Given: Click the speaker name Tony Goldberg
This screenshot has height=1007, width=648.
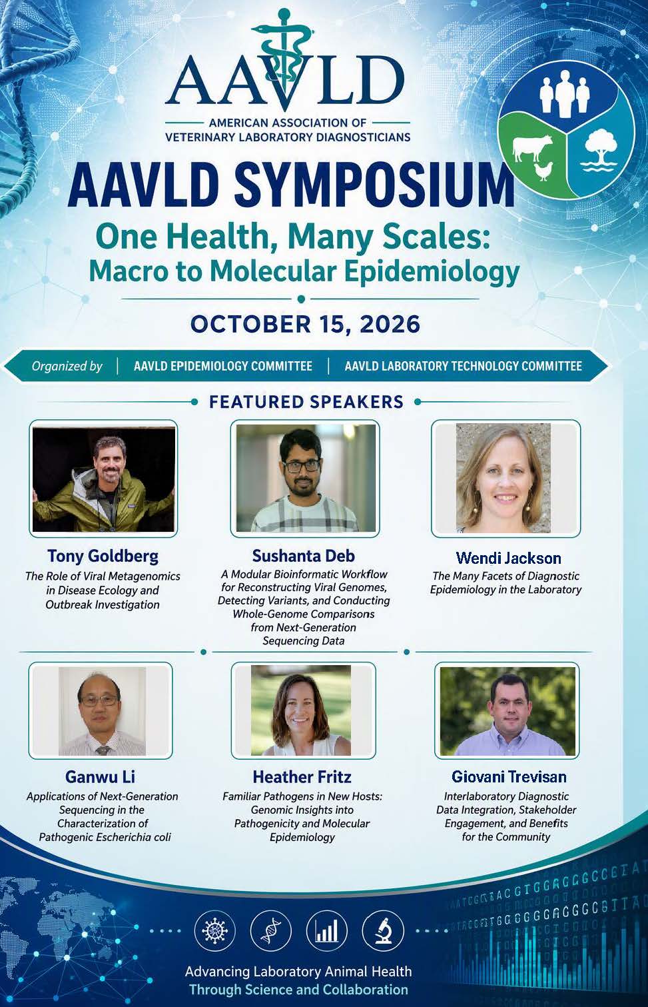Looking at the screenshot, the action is [103, 556].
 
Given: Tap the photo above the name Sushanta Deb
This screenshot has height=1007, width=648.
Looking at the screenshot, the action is [306, 479].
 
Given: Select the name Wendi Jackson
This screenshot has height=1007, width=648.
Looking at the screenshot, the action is [508, 558].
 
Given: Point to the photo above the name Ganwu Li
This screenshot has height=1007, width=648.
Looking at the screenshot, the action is [102, 711].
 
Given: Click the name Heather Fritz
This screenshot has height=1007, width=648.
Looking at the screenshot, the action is [302, 777].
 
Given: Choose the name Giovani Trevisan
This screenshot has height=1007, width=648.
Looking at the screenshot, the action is [509, 776].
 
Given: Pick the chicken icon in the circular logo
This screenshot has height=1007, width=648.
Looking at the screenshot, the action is [543, 171].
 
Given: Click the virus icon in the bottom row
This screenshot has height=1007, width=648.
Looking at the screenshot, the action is [215, 930].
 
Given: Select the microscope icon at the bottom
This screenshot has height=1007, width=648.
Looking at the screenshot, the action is [383, 930].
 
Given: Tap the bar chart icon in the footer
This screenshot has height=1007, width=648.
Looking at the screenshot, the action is [327, 930].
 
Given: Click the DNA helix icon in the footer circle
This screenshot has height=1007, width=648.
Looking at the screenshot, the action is [271, 930].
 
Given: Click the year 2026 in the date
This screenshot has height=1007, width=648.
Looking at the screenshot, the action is [390, 324].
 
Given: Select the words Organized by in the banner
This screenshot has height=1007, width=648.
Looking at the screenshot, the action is [67, 367].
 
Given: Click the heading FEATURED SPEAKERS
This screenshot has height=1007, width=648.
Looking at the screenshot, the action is [306, 401].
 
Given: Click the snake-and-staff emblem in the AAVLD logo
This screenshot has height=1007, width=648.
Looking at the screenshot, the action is [284, 59].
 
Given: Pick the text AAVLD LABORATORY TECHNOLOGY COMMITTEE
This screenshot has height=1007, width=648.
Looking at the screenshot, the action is [464, 366].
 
